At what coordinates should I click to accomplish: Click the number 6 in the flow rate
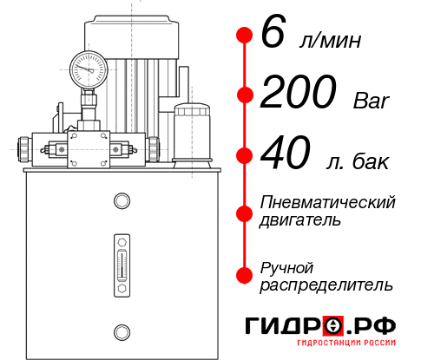click(273, 35)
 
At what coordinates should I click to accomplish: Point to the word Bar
click(372, 101)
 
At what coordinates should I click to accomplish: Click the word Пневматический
click(328, 202)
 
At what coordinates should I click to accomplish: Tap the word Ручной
click(286, 266)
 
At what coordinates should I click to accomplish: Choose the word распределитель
click(326, 285)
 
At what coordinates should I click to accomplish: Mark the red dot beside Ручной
click(245, 275)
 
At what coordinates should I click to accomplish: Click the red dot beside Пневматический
click(245, 211)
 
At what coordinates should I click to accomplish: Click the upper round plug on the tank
click(121, 201)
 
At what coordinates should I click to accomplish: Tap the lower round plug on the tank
click(121, 330)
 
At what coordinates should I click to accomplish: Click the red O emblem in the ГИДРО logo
click(334, 326)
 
